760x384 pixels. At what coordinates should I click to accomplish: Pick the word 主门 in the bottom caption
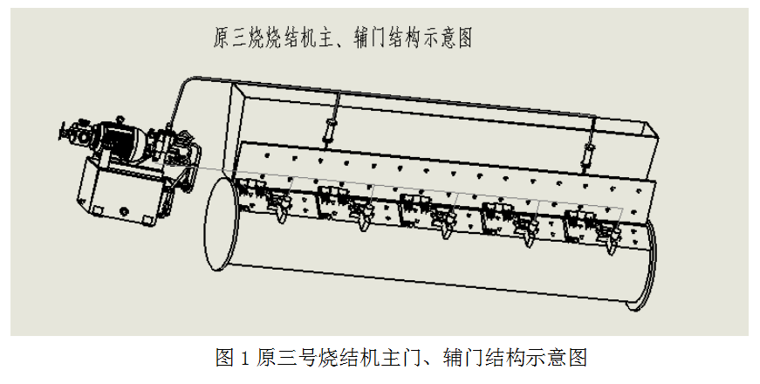click(x=394, y=357)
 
